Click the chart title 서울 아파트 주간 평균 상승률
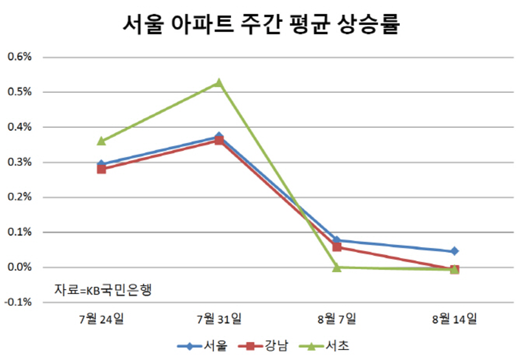(260, 25)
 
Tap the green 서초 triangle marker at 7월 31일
(219, 82)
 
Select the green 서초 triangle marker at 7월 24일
(101, 141)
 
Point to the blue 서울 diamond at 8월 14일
(454, 251)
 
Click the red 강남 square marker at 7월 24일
(101, 169)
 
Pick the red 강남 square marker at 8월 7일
(337, 247)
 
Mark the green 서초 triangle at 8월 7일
(337, 267)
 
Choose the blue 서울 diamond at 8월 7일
(337, 240)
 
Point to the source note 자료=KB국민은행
(102, 289)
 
